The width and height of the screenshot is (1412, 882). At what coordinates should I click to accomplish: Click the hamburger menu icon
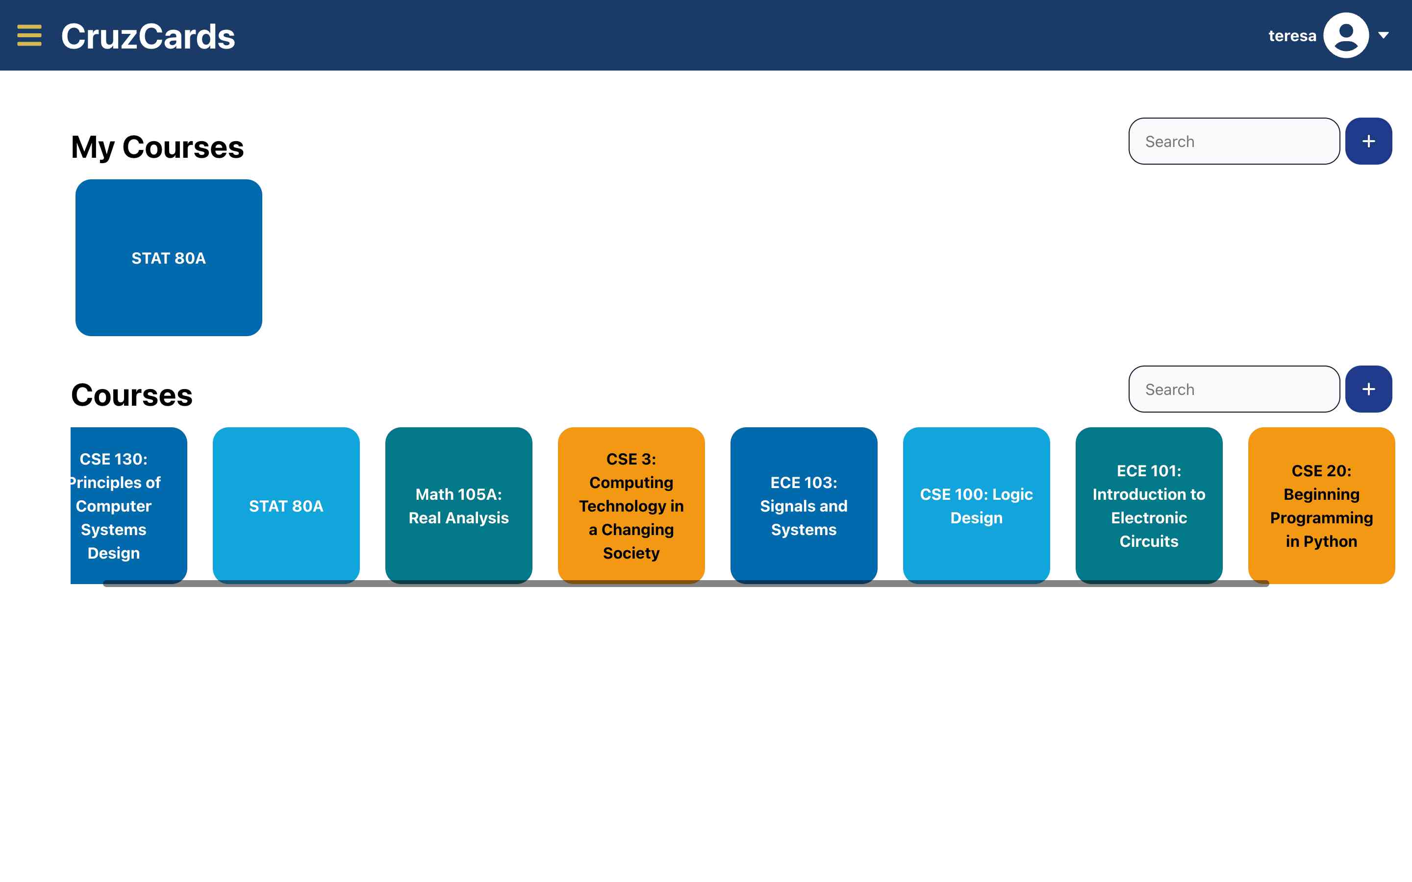[x=29, y=36]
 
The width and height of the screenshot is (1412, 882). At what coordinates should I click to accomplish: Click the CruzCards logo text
[x=148, y=36]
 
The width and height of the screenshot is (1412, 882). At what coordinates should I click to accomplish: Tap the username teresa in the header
[x=1292, y=36]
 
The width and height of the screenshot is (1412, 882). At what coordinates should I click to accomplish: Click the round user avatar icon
[x=1345, y=36]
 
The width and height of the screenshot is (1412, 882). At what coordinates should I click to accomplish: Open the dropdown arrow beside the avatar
[x=1384, y=36]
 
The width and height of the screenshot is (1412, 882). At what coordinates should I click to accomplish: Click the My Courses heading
[x=157, y=147]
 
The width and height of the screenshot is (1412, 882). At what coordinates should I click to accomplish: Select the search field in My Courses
[x=1234, y=142]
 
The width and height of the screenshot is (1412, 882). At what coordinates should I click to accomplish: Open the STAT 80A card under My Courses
[x=169, y=258]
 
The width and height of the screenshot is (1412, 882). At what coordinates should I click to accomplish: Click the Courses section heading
[x=131, y=395]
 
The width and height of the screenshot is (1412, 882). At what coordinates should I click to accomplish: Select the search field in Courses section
[x=1234, y=390]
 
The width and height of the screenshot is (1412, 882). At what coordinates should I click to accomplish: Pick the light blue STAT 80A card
[x=286, y=505]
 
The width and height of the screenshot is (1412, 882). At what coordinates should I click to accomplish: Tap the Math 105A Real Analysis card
[x=458, y=505]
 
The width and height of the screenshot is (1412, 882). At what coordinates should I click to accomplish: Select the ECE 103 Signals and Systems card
[x=804, y=505]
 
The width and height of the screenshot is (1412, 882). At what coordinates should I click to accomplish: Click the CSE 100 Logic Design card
[x=976, y=505]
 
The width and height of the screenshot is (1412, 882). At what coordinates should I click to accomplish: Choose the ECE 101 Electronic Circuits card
[x=1148, y=505]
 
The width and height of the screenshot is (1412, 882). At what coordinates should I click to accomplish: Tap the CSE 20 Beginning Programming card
[x=1321, y=505]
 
